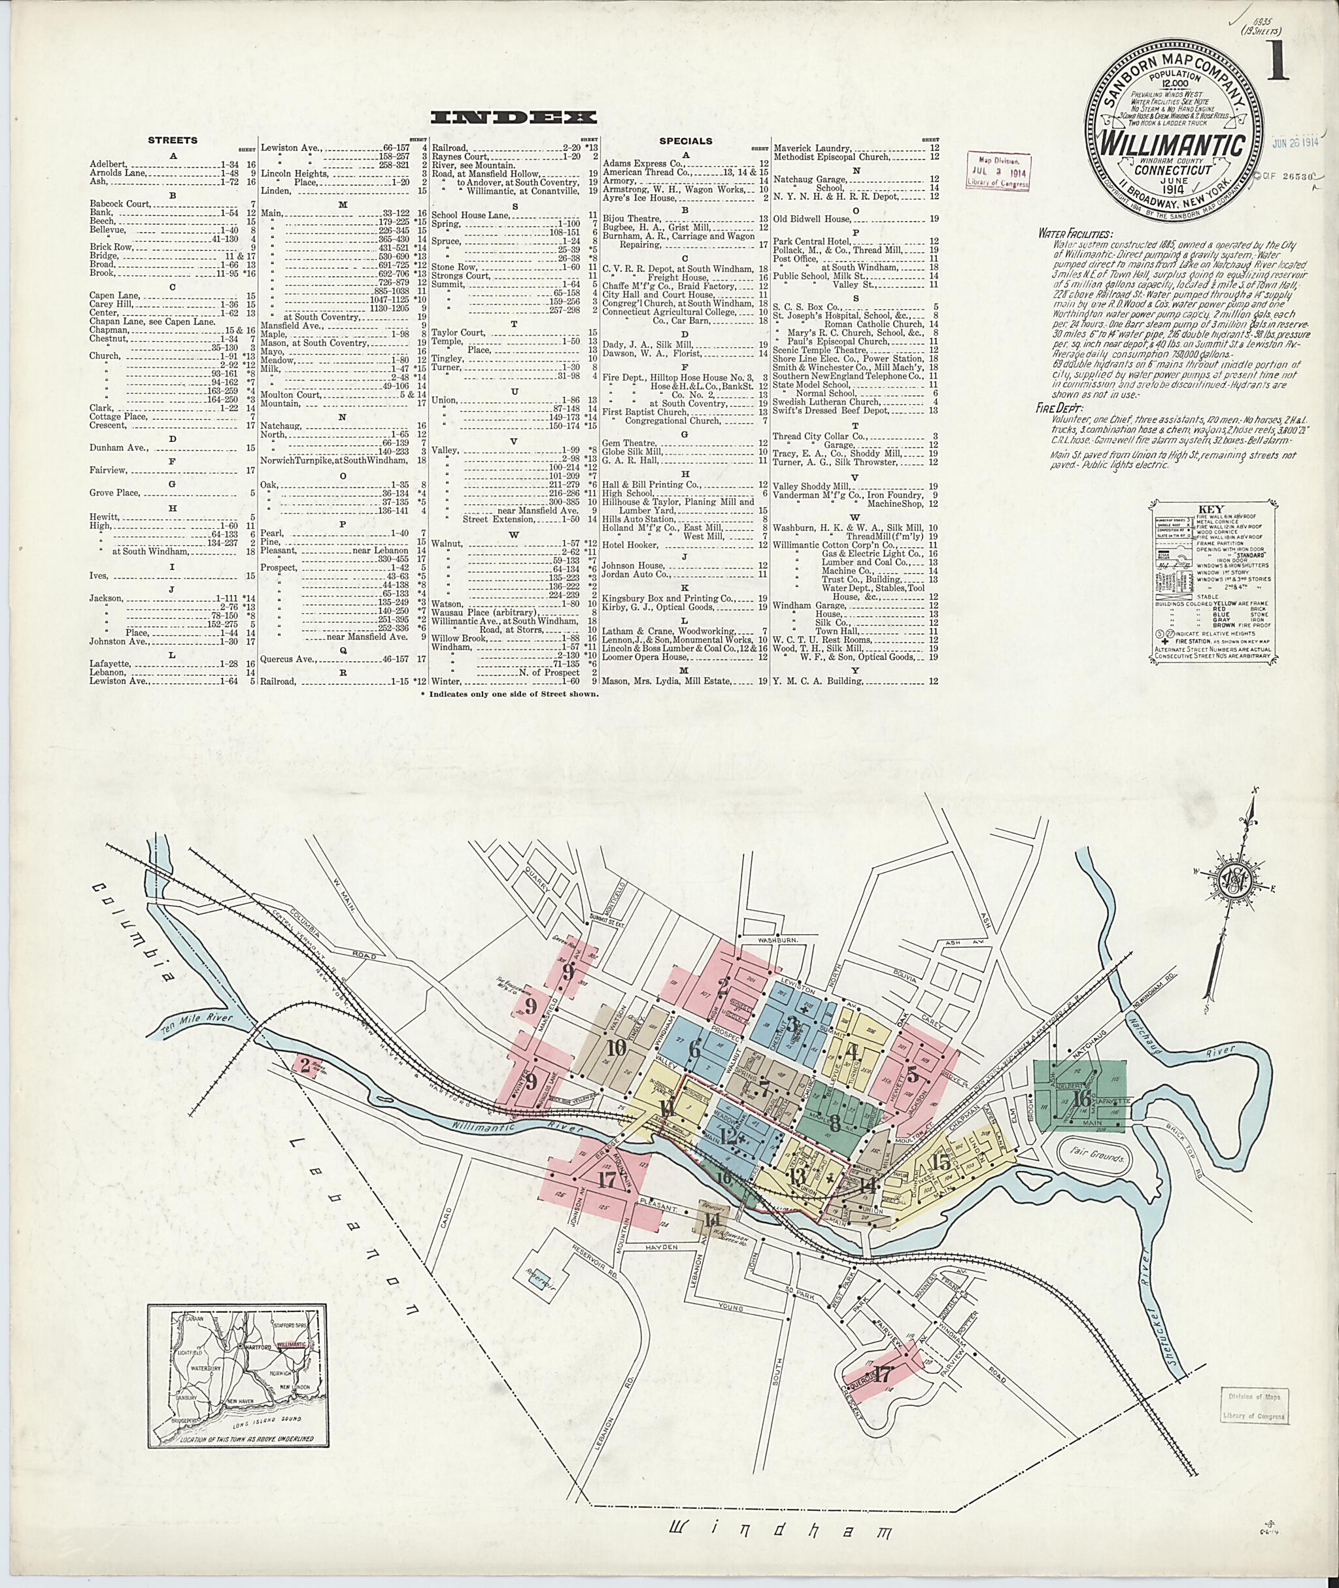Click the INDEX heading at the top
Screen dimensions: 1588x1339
513,118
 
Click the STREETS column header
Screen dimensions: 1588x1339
173,141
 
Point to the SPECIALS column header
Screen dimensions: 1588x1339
685,141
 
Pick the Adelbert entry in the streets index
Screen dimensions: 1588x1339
105,163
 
